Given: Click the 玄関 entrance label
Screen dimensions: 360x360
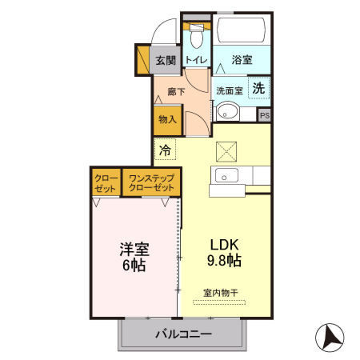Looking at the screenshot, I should coord(166,60).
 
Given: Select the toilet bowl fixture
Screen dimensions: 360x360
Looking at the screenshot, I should coord(196,36).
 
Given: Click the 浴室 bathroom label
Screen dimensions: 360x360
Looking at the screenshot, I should coord(242,60).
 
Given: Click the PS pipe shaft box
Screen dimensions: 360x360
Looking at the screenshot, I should coord(265,115).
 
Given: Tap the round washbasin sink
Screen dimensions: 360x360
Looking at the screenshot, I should coord(229,111).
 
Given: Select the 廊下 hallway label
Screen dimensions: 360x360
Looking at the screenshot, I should coord(176,92).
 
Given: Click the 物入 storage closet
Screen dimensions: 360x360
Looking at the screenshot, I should coord(167,120).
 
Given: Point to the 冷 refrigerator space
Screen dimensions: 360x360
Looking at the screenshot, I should coord(166,150).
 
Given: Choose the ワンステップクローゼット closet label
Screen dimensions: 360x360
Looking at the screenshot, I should coord(151,182).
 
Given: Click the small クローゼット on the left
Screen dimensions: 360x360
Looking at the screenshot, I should coord(106,182).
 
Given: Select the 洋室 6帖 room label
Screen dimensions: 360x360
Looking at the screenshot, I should coord(133,255).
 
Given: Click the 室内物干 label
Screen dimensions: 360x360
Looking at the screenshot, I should coord(220,292).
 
